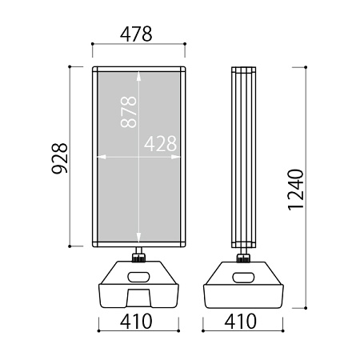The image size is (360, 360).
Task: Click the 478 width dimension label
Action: [x=136, y=34]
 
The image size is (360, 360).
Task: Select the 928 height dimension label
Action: [x=59, y=158]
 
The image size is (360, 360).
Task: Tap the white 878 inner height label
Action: [x=129, y=112]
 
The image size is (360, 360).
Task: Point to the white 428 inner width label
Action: [x=160, y=143]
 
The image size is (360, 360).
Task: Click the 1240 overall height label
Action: [x=296, y=190]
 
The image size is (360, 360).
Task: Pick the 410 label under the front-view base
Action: [x=136, y=322]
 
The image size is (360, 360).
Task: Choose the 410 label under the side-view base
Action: [x=241, y=322]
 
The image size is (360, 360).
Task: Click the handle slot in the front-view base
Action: [x=138, y=277]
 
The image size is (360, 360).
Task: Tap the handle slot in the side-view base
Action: [x=243, y=277]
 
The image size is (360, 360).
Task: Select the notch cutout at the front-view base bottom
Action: [x=138, y=298]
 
